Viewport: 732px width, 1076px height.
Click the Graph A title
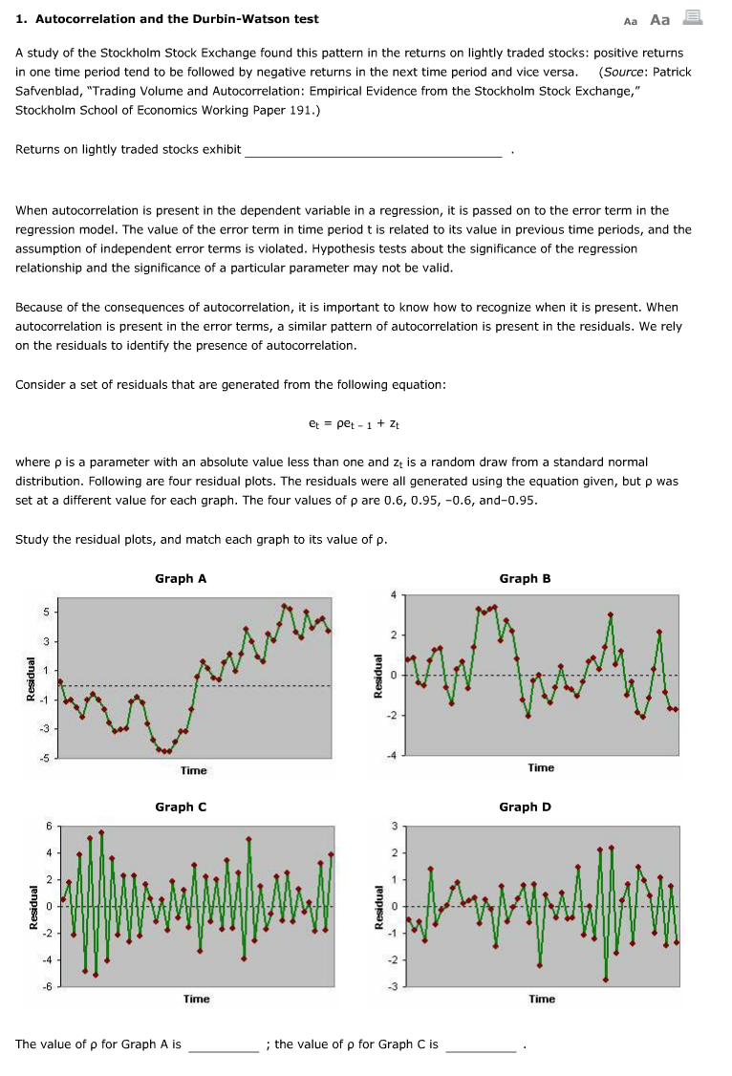pos(181,578)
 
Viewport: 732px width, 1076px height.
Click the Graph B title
pos(525,578)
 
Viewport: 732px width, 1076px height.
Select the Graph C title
pos(181,807)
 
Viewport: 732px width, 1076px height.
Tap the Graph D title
pos(525,807)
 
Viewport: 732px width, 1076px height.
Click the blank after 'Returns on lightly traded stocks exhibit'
pos(373,149)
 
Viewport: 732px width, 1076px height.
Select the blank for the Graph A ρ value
pos(223,1044)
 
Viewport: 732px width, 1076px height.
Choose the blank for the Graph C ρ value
pos(481,1044)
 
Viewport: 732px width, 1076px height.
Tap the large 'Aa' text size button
pos(659,19)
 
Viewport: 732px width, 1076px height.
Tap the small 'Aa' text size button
pos(630,21)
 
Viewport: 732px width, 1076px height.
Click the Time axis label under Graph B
pos(541,767)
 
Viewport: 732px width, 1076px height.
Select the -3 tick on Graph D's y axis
pos(391,985)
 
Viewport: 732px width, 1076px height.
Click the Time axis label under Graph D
pos(541,999)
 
